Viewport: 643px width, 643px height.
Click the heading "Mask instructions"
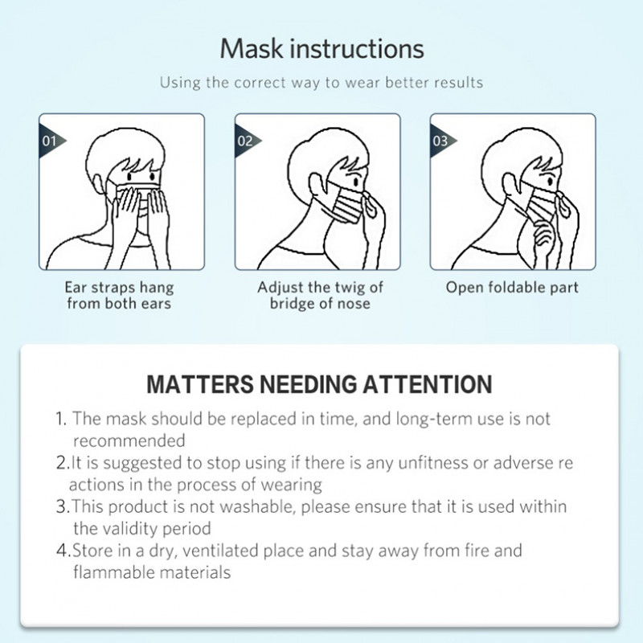tap(321, 48)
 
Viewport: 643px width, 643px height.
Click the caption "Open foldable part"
tap(512, 287)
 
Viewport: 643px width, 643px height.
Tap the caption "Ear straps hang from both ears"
tap(119, 295)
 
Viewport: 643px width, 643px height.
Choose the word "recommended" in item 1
tap(129, 440)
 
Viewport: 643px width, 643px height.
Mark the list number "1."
tap(61, 419)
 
